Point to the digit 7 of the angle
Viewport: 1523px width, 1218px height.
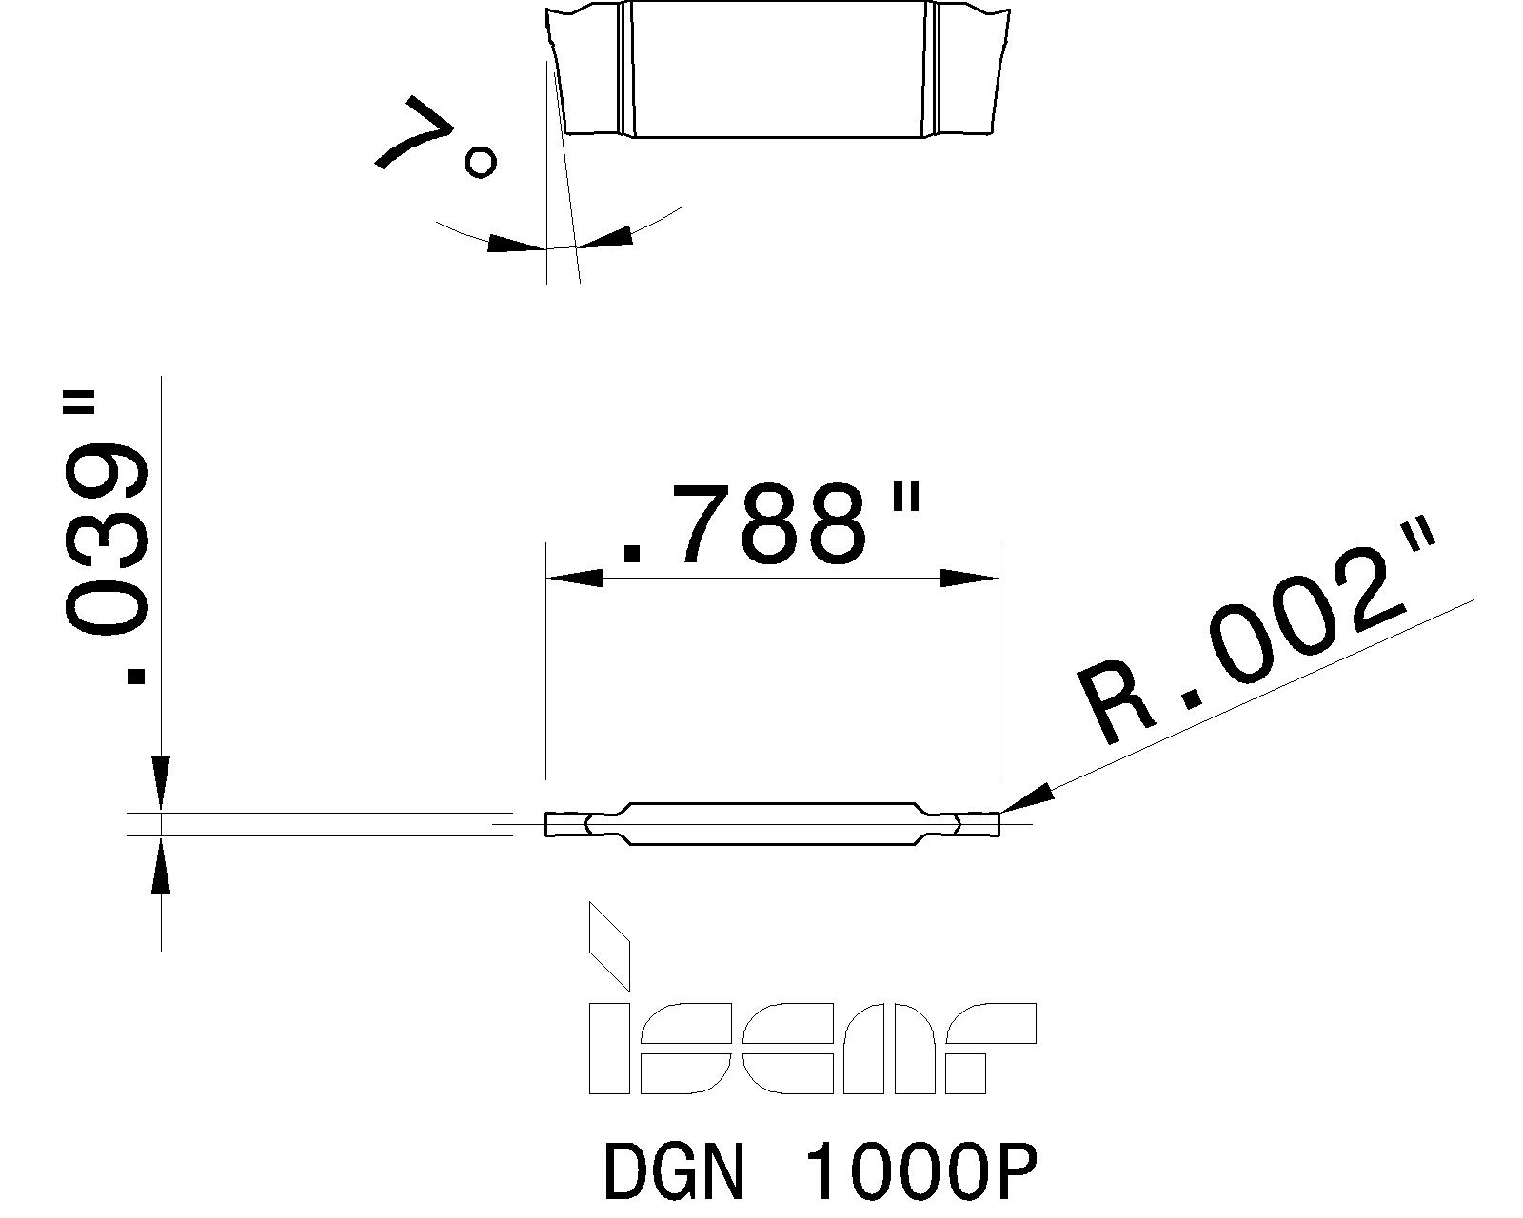411,133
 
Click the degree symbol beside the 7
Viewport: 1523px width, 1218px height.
480,163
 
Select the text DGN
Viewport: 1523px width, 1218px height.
672,1172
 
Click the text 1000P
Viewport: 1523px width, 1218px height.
920,1172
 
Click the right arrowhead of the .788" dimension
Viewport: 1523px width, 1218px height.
969,578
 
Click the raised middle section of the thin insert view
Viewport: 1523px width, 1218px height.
771,824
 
